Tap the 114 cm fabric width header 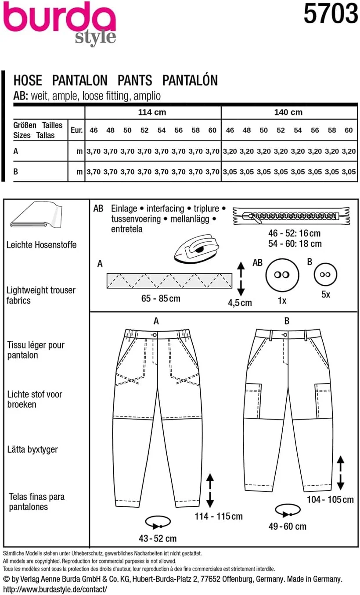pyautogui.click(x=152, y=112)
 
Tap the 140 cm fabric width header pyautogui.click(x=288, y=112)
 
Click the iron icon pyautogui.click(x=196, y=248)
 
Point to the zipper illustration pyautogui.click(x=292, y=215)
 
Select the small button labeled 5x pyautogui.click(x=325, y=274)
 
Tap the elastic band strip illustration pyautogui.click(x=169, y=280)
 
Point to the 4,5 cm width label pyautogui.click(x=240, y=302)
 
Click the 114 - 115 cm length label pyautogui.click(x=218, y=516)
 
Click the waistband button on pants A pyautogui.click(x=155, y=334)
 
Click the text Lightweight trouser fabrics pyautogui.click(x=41, y=295)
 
